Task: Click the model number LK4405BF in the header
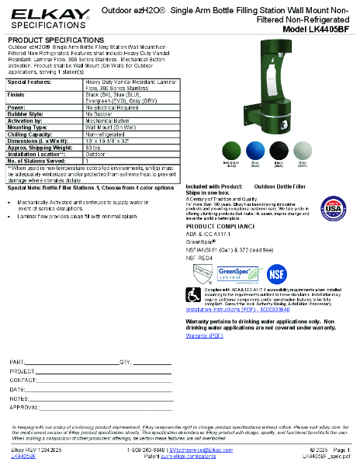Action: click(322, 29)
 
